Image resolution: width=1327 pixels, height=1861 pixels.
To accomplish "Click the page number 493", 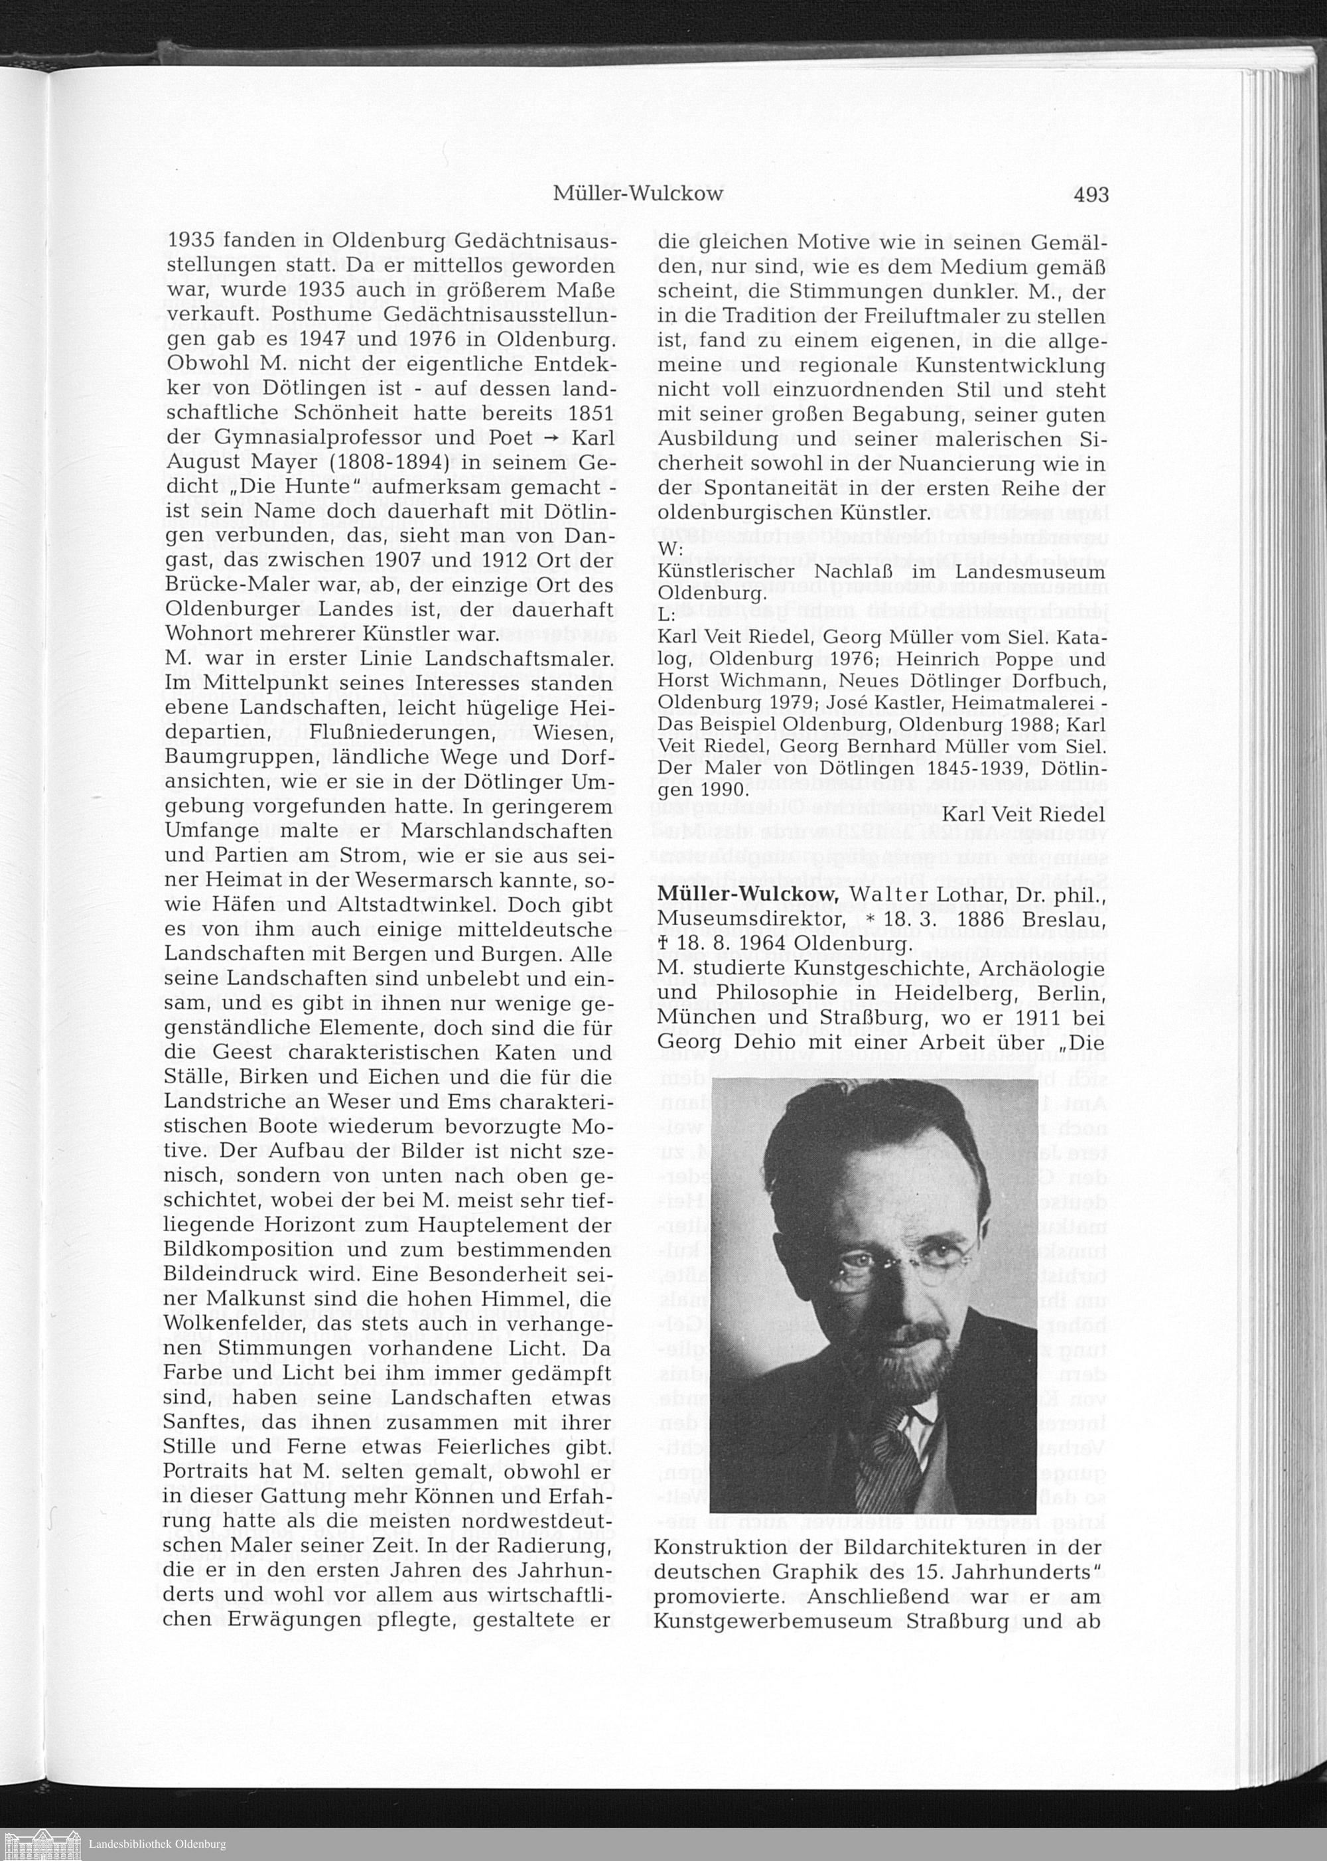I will click(1090, 194).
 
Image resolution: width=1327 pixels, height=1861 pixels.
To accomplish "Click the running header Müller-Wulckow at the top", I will click(638, 194).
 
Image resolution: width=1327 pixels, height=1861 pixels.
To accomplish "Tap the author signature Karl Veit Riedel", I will click(1024, 814).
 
